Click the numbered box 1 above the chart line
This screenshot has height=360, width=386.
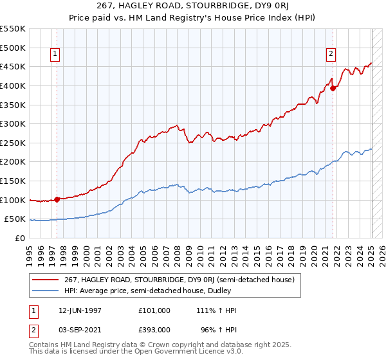pyautogui.click(x=56, y=55)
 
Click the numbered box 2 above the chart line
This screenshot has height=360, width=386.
pyautogui.click(x=331, y=55)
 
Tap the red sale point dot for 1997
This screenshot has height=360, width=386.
pyautogui.click(x=57, y=199)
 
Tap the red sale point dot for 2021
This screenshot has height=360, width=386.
pyautogui.click(x=333, y=89)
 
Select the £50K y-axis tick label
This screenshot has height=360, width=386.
pyautogui.click(x=15, y=219)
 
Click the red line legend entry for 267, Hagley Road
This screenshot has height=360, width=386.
pyautogui.click(x=179, y=280)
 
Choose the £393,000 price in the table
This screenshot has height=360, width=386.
pyautogui.click(x=154, y=328)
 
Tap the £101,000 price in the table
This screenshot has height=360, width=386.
pyautogui.click(x=154, y=310)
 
